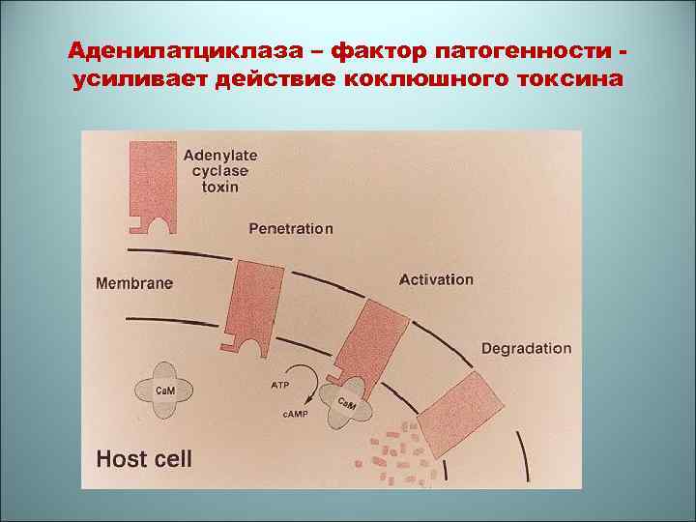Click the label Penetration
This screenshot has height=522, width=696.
pos(291,229)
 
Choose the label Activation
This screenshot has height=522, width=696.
pos(436,279)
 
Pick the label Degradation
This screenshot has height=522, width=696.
pos(526,348)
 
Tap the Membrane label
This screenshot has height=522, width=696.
pos(134,283)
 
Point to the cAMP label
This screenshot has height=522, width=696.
pos(295,415)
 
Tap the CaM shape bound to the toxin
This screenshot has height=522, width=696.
pos(346,406)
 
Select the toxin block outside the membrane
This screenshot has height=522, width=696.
pos(154,184)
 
